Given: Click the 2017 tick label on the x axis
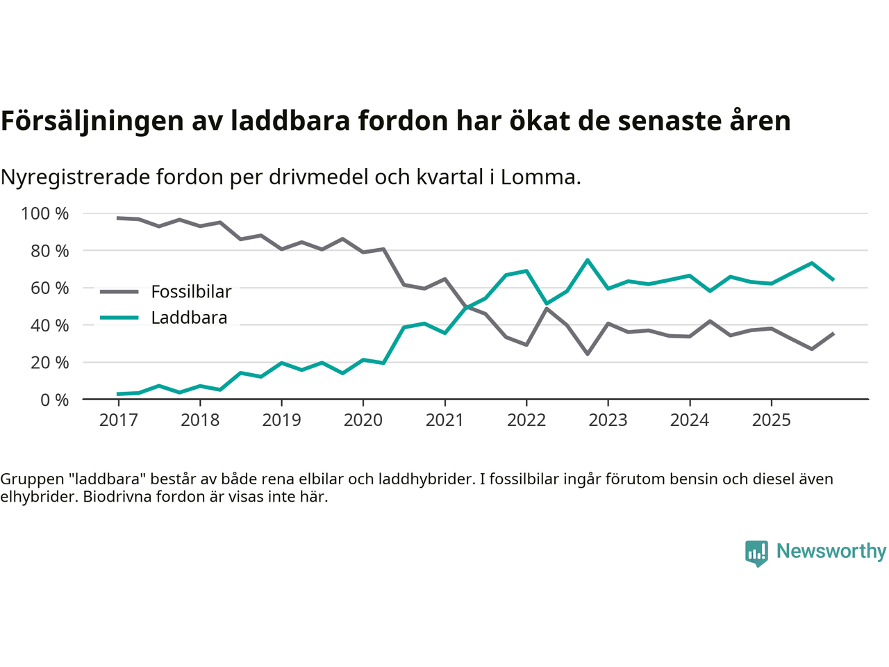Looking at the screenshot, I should pos(118,420).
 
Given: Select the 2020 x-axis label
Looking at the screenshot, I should pos(363,420).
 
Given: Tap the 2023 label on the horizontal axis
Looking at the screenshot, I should pos(608,420).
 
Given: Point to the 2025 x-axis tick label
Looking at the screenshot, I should pos(771,420).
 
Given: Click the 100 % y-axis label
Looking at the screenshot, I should pos(45,213).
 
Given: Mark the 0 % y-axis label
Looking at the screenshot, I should pos(54,400).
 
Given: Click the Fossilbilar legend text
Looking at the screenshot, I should pos(191,292).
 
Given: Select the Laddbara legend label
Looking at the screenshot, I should pos(189,318).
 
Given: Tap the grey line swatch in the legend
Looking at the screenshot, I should pos(119,292).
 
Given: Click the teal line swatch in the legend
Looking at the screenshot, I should pos(119,318).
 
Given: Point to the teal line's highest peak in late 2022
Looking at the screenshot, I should pos(588,260).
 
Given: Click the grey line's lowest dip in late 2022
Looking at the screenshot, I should pos(588,354).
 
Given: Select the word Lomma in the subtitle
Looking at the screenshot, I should pos(538,177).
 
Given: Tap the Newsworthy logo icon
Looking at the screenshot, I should pos(756,553).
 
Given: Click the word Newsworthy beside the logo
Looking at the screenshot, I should pos(831,551).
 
